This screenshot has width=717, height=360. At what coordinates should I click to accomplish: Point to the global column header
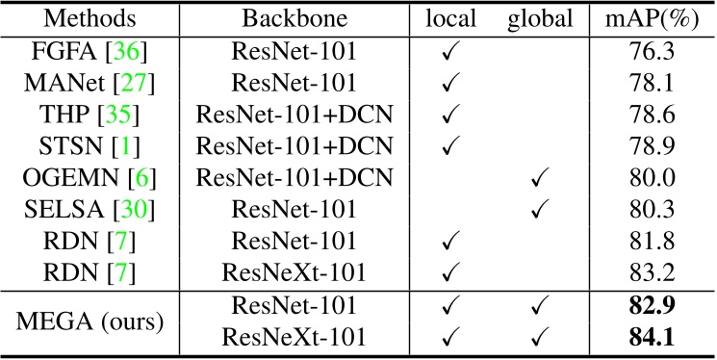[x=541, y=18]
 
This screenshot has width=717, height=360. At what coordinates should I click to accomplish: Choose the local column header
[x=448, y=18]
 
